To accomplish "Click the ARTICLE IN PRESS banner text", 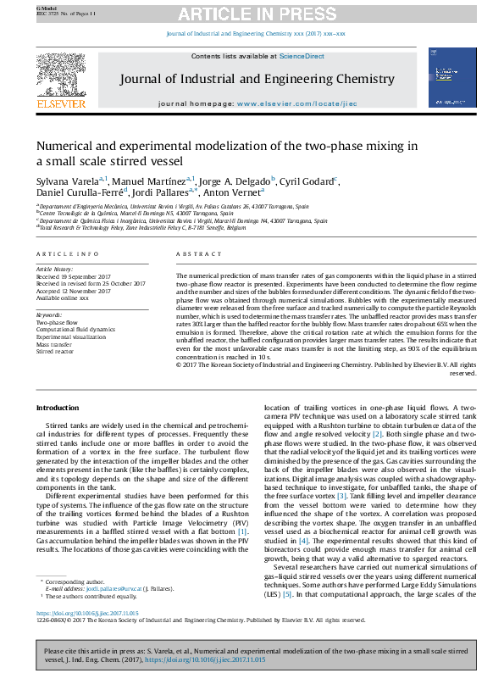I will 252,14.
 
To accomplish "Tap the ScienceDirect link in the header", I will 302,56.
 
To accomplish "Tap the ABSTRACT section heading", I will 192,254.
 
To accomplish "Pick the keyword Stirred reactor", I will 55,350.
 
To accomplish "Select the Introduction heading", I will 57,408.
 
